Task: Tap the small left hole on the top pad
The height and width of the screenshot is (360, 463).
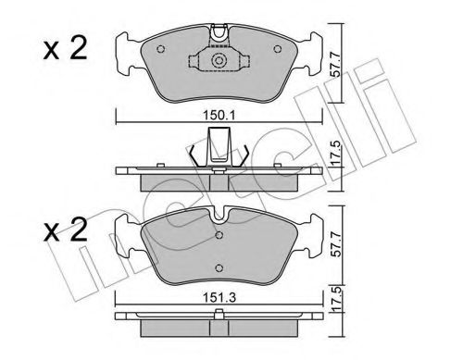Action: [161, 50]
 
